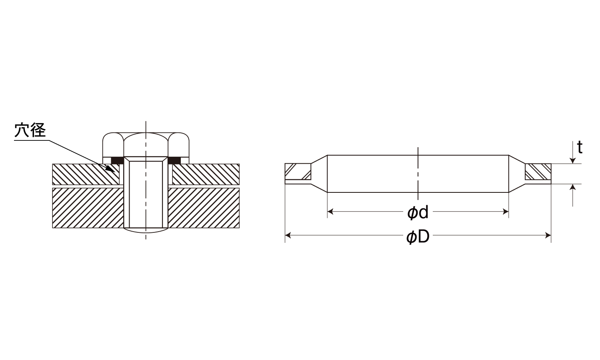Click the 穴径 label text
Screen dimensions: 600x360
(x=30, y=130)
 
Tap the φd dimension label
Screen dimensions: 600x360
(x=418, y=212)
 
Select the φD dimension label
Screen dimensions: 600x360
(x=418, y=237)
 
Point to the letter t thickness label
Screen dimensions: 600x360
(x=580, y=147)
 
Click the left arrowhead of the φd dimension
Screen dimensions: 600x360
(x=330, y=212)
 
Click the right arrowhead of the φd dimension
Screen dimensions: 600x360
(x=506, y=212)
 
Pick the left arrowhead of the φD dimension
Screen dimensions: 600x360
(x=288, y=236)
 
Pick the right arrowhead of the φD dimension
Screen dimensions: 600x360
(x=548, y=236)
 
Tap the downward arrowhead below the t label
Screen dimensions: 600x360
(x=572, y=161)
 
